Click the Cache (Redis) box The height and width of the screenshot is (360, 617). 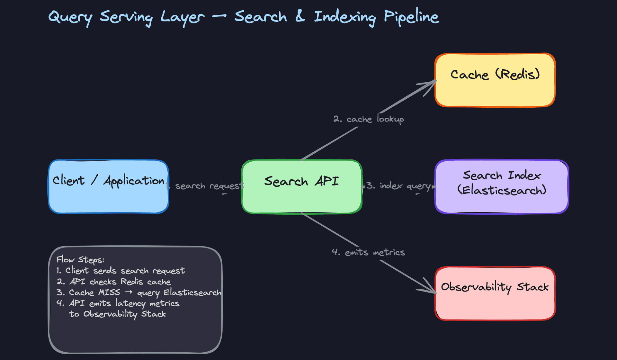(495, 80)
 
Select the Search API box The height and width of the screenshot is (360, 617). (302, 186)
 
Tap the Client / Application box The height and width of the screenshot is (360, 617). (109, 186)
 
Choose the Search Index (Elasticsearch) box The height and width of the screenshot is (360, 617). (502, 186)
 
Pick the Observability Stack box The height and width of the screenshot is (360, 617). (495, 293)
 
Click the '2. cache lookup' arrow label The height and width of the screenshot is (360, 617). (369, 119)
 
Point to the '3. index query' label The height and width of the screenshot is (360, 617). (398, 186)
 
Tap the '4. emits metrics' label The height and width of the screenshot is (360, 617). (368, 252)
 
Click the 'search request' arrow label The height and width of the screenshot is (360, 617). (209, 186)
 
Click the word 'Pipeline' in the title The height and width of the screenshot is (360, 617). (411, 17)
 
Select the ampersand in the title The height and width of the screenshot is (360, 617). (300, 16)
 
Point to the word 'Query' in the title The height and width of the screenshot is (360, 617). (70, 17)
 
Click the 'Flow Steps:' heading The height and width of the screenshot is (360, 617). (80, 260)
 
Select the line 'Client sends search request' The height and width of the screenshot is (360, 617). (125, 271)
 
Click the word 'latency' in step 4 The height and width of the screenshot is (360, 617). (130, 303)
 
